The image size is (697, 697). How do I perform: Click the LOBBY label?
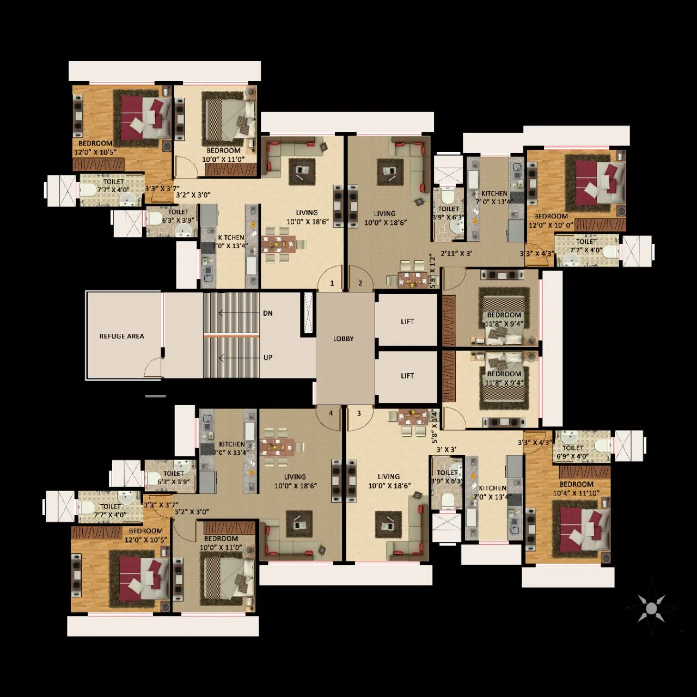click(343, 339)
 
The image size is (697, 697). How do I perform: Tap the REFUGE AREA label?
click(121, 336)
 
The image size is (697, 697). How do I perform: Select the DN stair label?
click(267, 313)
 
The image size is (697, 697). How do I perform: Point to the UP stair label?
click(267, 358)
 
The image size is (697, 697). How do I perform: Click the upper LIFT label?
click(407, 322)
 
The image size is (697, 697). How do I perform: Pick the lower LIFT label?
click(407, 376)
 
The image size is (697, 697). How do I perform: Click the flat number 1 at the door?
click(332, 283)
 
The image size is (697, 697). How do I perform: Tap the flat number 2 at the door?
click(360, 283)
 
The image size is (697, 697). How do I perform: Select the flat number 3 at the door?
click(359, 413)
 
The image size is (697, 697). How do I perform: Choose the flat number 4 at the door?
click(331, 413)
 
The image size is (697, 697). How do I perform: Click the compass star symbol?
click(651, 607)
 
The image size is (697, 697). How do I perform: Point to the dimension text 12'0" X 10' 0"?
click(551, 225)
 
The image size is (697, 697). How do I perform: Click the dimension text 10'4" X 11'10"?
click(576, 493)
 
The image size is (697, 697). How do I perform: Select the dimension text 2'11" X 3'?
click(456, 253)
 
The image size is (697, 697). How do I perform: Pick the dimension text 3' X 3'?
click(447, 450)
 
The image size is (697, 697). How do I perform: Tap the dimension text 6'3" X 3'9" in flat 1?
click(179, 221)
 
